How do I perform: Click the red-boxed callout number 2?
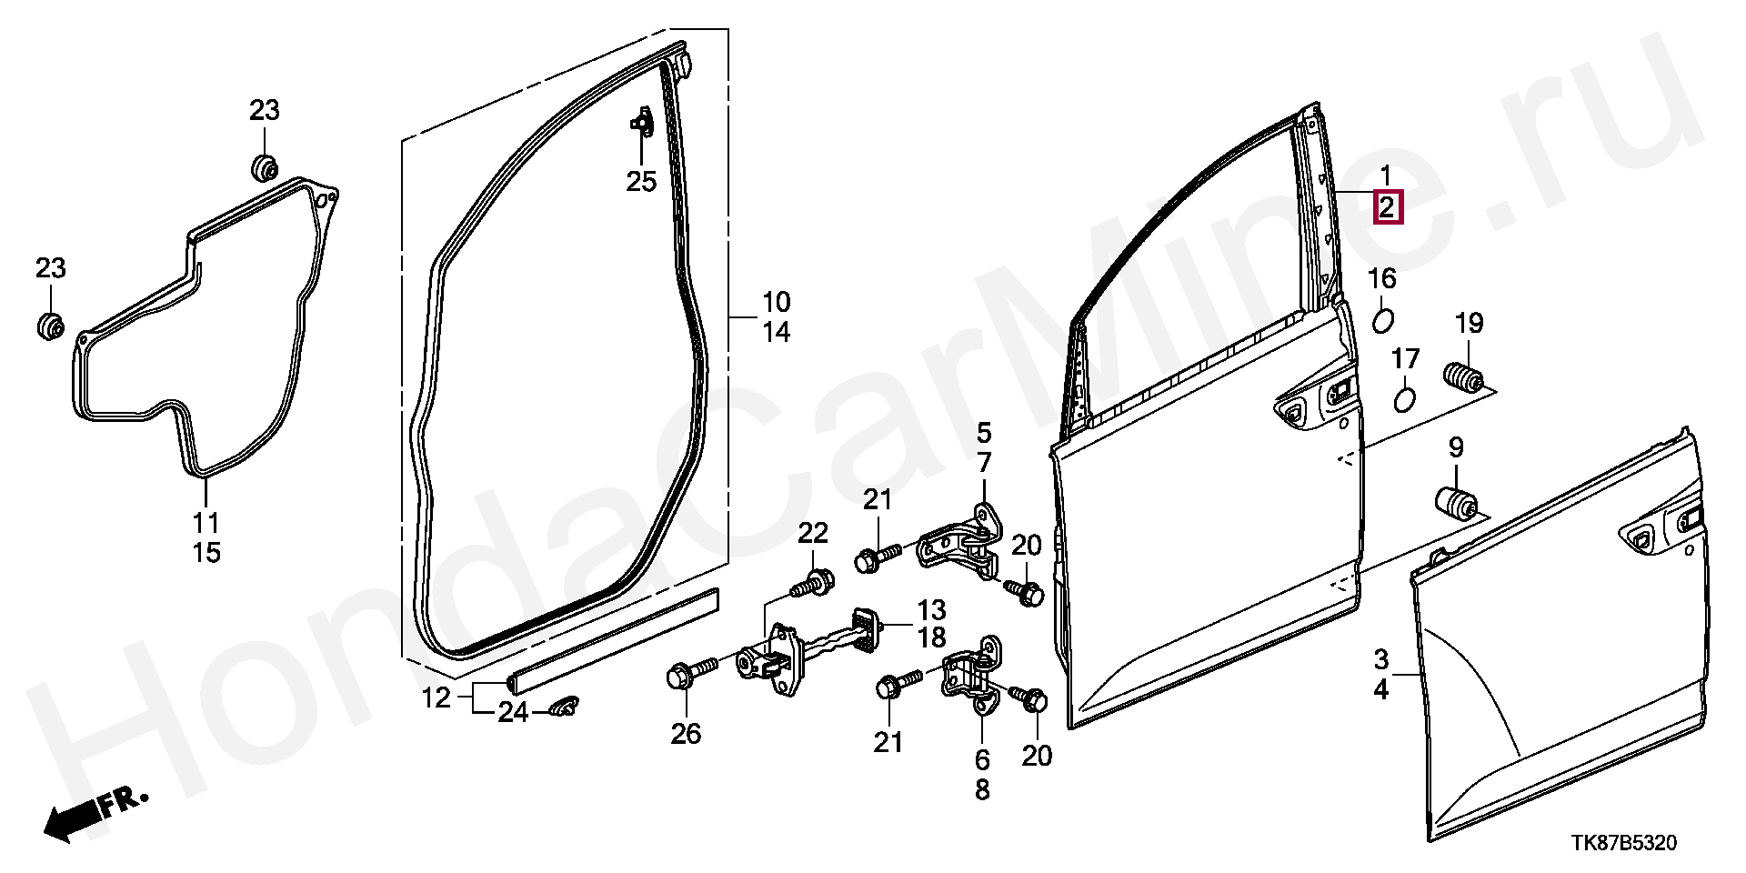click(x=1387, y=207)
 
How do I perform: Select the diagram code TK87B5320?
click(x=1623, y=843)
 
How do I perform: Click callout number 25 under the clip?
click(x=641, y=182)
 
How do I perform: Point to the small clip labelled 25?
click(x=641, y=122)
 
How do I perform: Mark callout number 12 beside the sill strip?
click(x=436, y=698)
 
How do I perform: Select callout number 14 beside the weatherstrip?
click(x=776, y=333)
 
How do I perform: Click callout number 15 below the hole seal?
click(x=206, y=552)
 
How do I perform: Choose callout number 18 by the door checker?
click(x=931, y=637)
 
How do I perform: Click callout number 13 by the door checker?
click(x=931, y=609)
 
